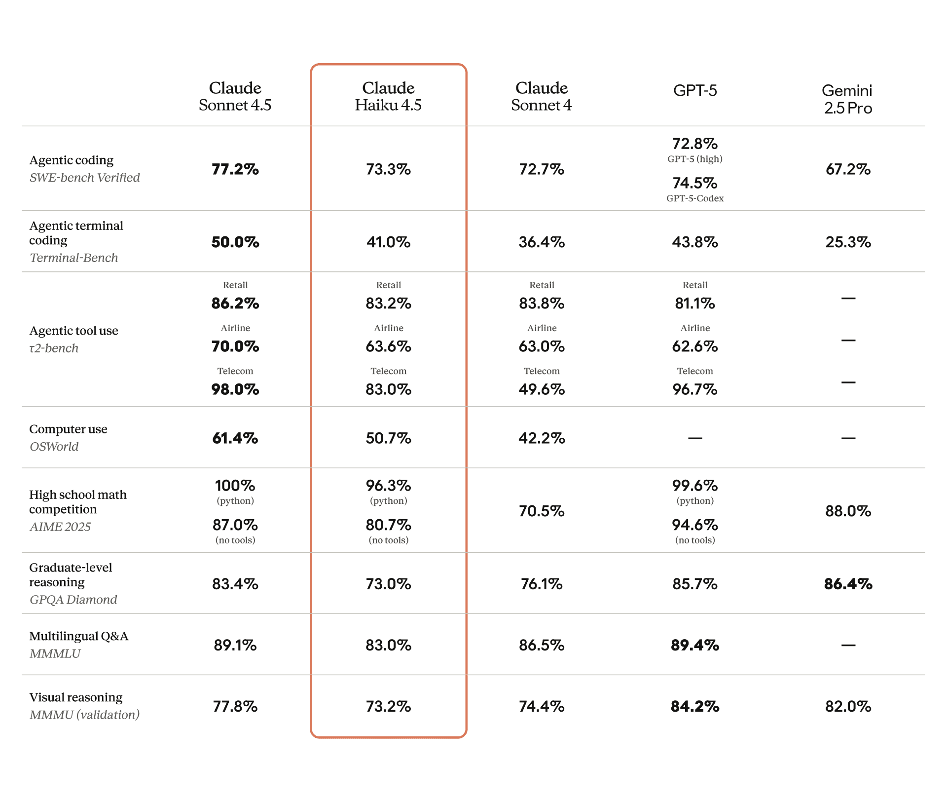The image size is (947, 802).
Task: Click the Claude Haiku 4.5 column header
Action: pyautogui.click(x=388, y=96)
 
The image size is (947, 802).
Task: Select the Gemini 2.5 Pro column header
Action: pyautogui.click(x=847, y=99)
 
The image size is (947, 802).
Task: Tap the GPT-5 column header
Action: pyautogui.click(x=694, y=90)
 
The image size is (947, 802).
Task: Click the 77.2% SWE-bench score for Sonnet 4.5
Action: pyautogui.click(x=235, y=169)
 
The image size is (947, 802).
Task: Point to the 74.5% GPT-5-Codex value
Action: pyautogui.click(x=694, y=183)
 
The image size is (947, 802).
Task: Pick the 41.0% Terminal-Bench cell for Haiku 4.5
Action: pyautogui.click(x=388, y=242)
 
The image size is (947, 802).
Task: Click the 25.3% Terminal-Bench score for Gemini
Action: pyautogui.click(x=847, y=242)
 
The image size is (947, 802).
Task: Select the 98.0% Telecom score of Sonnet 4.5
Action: pyautogui.click(x=235, y=389)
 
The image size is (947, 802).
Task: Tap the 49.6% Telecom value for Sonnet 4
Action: pyautogui.click(x=541, y=389)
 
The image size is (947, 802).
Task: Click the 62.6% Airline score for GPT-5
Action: pyautogui.click(x=694, y=346)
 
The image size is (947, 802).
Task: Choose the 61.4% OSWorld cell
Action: pyautogui.click(x=235, y=438)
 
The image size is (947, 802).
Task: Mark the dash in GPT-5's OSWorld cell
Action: pyautogui.click(x=694, y=438)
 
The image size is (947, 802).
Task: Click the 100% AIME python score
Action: pyautogui.click(x=235, y=486)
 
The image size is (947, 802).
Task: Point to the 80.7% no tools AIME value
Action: pyautogui.click(x=388, y=525)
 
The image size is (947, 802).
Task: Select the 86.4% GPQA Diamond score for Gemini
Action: pyautogui.click(x=847, y=584)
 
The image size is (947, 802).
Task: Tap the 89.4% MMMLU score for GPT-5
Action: pyautogui.click(x=694, y=645)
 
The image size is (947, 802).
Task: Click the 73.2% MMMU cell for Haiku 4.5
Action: pyautogui.click(x=388, y=706)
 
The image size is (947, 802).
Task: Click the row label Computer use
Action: pyautogui.click(x=68, y=429)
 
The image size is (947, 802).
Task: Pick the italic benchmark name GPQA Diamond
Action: pyautogui.click(x=73, y=600)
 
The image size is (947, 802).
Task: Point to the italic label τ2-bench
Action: pyautogui.click(x=54, y=348)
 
